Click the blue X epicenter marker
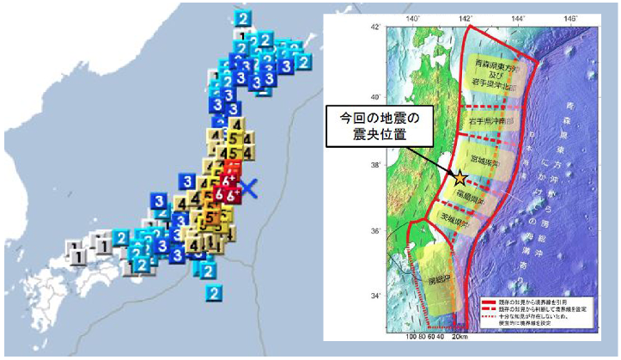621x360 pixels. [x=247, y=188]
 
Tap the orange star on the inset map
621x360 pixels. [x=460, y=178]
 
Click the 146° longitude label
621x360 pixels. [x=569, y=18]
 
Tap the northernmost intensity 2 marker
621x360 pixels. [x=245, y=18]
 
